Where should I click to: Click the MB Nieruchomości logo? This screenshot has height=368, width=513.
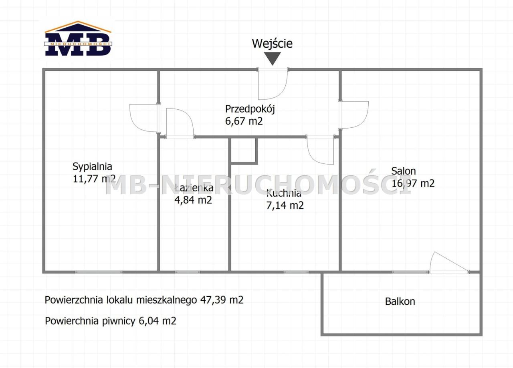click(x=78, y=38)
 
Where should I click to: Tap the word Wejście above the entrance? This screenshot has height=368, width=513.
click(x=272, y=43)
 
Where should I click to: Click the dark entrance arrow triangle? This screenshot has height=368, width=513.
click(x=272, y=58)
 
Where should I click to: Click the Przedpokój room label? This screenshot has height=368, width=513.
click(x=250, y=109)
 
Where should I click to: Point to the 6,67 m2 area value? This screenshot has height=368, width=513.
click(x=244, y=121)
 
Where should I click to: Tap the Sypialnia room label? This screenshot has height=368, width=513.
click(x=92, y=167)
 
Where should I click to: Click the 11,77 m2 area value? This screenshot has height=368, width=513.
click(x=94, y=179)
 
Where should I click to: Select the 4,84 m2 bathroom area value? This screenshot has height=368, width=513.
click(x=193, y=200)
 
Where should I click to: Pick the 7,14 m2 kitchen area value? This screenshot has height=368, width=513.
click(x=285, y=205)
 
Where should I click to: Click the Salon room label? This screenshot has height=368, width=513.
click(x=403, y=171)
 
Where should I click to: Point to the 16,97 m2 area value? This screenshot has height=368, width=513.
click(x=413, y=183)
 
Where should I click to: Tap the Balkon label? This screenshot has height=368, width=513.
click(x=400, y=302)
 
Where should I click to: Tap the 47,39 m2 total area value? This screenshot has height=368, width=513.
click(x=222, y=300)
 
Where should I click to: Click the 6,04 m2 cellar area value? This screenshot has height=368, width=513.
click(x=158, y=321)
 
